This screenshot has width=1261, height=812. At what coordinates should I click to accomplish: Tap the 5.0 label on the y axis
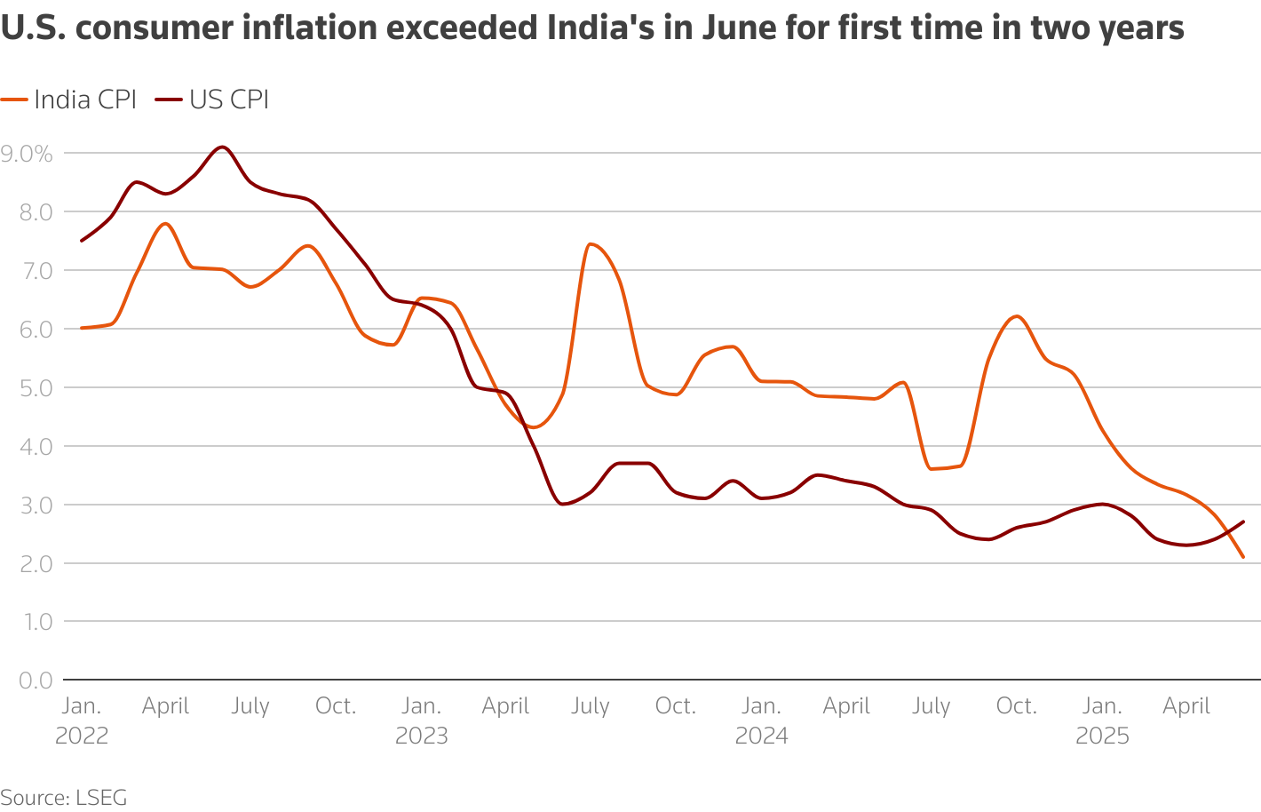click(x=35, y=388)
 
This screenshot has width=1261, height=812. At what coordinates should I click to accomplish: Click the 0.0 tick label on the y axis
click(x=35, y=681)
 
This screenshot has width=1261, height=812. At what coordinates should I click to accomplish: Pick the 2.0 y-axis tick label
click(x=35, y=563)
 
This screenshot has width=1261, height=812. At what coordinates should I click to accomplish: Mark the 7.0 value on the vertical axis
click(x=35, y=271)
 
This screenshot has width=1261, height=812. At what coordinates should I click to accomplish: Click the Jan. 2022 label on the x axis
click(x=82, y=720)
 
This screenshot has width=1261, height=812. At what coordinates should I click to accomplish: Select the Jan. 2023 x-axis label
click(x=421, y=720)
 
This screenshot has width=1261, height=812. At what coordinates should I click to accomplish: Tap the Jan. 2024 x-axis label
click(x=761, y=720)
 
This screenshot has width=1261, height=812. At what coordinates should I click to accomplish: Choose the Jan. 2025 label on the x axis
click(x=1102, y=720)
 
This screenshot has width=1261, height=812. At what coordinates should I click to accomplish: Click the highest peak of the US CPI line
click(x=223, y=147)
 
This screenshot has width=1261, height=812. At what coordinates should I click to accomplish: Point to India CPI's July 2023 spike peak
click(x=590, y=243)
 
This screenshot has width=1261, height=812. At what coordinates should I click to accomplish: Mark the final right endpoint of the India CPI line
click(x=1243, y=557)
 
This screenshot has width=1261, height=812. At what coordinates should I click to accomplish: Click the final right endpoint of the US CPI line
click(x=1243, y=521)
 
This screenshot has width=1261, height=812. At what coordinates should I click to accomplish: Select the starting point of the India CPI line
click(x=82, y=328)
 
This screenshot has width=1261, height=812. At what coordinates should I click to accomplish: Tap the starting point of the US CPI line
click(x=82, y=241)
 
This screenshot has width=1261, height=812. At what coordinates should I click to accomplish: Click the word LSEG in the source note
click(x=102, y=798)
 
